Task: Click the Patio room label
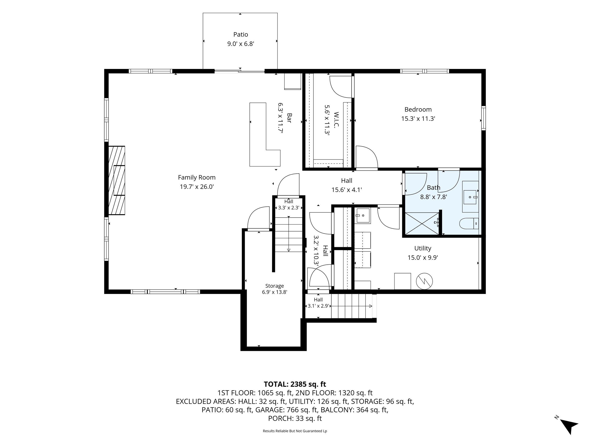[x=240, y=34]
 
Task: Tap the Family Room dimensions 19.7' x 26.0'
[x=197, y=187]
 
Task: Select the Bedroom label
[x=418, y=109]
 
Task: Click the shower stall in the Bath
[x=422, y=224]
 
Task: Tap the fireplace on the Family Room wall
[x=117, y=180]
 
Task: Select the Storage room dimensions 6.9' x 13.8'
[x=274, y=292]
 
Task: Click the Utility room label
[x=423, y=248]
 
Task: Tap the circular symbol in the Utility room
[x=424, y=281]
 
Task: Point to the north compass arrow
[x=570, y=427]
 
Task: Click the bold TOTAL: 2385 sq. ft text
[x=295, y=384]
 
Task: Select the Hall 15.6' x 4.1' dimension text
[x=346, y=190]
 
